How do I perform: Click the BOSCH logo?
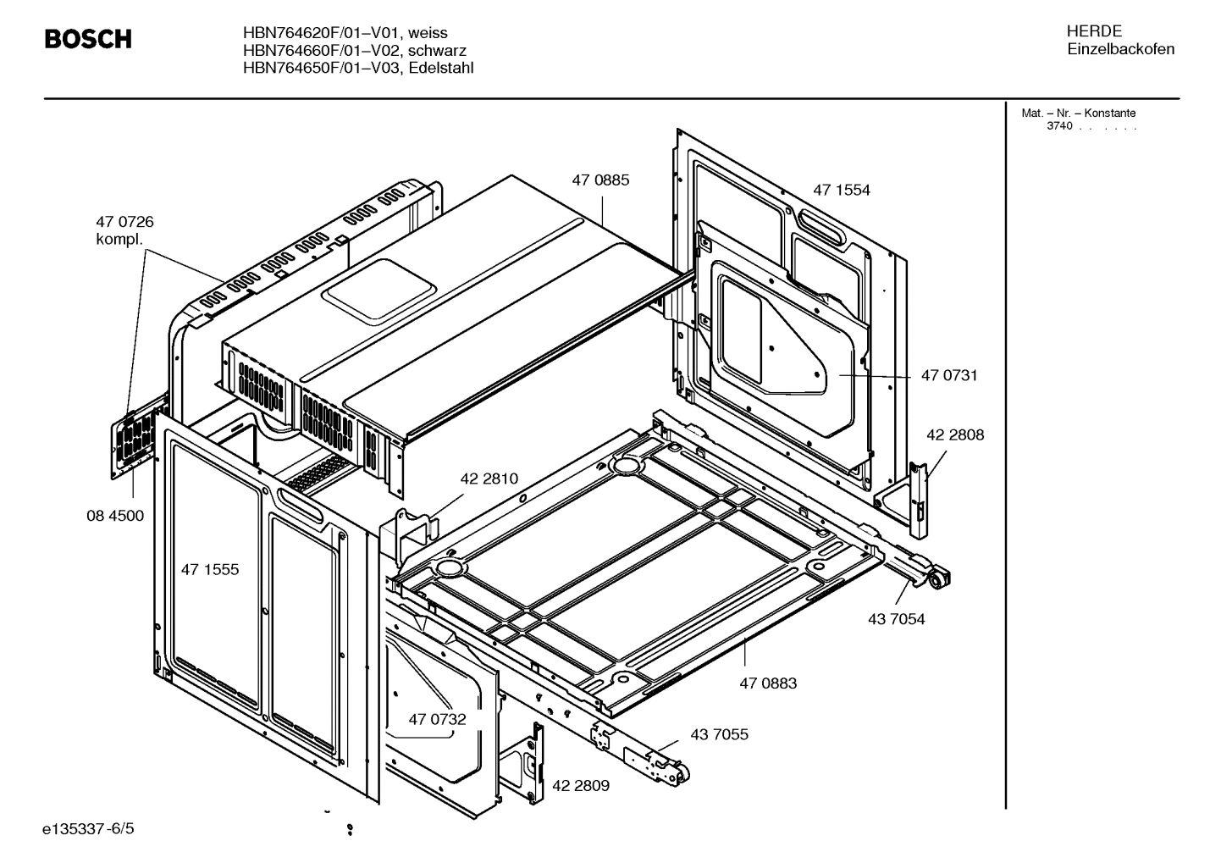tap(88, 40)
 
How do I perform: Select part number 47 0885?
tap(600, 180)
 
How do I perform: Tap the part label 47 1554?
tap(841, 190)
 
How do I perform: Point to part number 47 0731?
tap(948, 375)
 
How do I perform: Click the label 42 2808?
tap(954, 434)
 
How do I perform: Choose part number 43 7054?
tap(896, 619)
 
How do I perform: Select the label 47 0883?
tap(768, 683)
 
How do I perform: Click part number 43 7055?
tap(719, 734)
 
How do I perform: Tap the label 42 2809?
tap(580, 785)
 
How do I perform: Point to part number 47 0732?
tap(437, 719)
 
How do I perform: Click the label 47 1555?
tap(210, 569)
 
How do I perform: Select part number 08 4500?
tap(115, 515)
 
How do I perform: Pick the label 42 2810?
tap(489, 479)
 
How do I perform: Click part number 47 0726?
tap(124, 222)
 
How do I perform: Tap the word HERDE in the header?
tap(1094, 31)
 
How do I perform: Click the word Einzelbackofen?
tap(1120, 49)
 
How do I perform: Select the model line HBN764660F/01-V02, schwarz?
tap(354, 51)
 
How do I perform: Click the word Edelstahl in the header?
tap(440, 68)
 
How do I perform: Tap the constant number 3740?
tap(1058, 126)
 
